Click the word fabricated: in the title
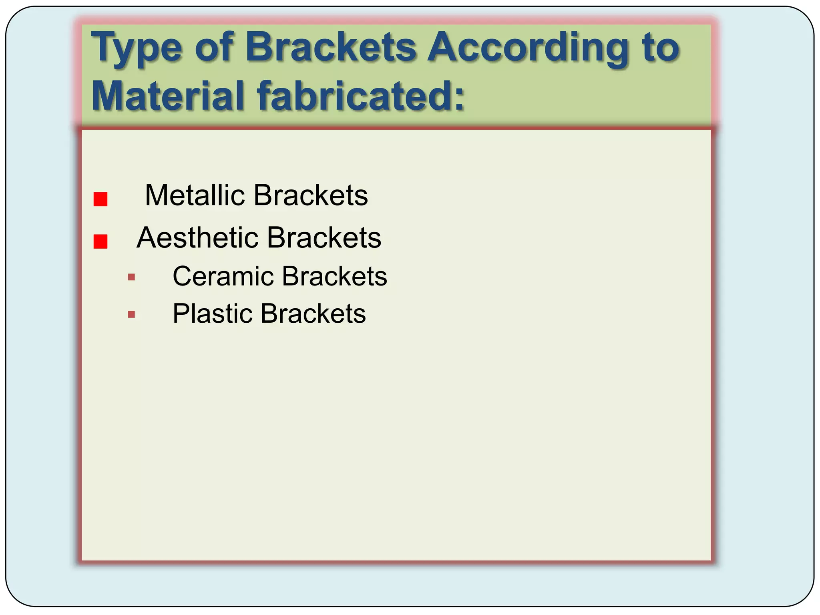360,96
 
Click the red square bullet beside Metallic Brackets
100,199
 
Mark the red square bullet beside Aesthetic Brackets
100,241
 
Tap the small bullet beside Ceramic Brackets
131,277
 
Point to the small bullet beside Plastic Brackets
131,314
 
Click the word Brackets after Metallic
311,195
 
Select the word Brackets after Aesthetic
324,238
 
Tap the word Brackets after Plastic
313,314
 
